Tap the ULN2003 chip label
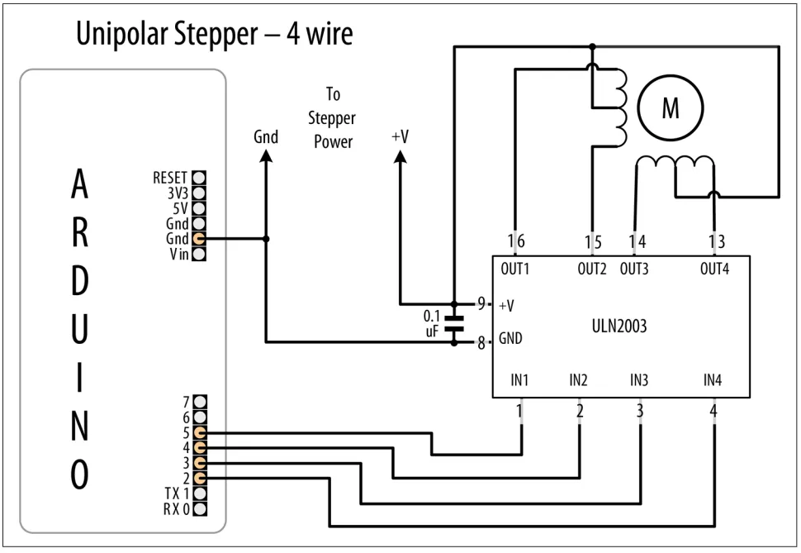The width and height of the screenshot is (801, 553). (x=619, y=326)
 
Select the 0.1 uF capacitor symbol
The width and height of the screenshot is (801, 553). (x=453, y=324)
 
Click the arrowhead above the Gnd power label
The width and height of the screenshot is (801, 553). (x=266, y=155)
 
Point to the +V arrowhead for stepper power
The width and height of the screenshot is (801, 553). (x=400, y=155)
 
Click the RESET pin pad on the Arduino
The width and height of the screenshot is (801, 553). (x=199, y=178)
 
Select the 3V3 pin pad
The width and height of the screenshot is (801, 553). (x=199, y=193)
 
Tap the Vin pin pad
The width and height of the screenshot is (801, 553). (x=199, y=254)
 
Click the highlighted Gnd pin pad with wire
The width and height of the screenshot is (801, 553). (x=199, y=238)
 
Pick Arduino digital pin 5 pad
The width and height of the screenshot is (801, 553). (x=200, y=433)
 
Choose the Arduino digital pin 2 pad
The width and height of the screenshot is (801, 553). (x=200, y=479)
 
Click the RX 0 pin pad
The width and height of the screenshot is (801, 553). (x=200, y=509)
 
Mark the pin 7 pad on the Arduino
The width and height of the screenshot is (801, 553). (x=200, y=402)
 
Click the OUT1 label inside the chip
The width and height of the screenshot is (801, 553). (x=515, y=269)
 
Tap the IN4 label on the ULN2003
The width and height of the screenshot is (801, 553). (x=713, y=380)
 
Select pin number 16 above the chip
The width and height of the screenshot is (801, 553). (x=516, y=241)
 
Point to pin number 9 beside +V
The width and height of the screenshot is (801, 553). (x=481, y=304)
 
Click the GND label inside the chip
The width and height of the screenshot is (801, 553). (x=510, y=338)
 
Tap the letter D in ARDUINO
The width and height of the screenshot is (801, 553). (x=80, y=281)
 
